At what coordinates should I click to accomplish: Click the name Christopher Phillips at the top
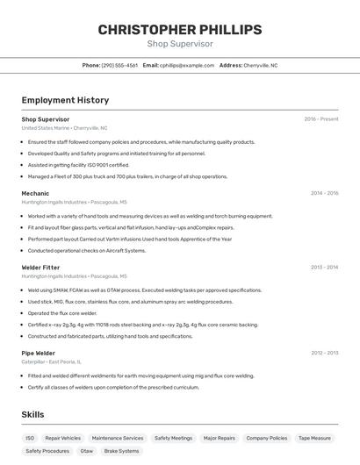tap(180, 30)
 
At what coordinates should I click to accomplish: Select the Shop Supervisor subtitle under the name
tap(180, 44)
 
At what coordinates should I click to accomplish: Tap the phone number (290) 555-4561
tap(119, 65)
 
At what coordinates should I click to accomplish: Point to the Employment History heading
tap(65, 100)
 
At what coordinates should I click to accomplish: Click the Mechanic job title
tap(35, 193)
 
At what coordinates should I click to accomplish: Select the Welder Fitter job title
tap(40, 267)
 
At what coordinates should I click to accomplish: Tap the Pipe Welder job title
tap(38, 353)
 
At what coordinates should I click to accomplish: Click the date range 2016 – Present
tap(321, 118)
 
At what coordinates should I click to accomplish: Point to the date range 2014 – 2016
tap(324, 193)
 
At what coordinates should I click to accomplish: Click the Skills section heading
tap(32, 414)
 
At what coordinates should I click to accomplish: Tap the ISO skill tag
tap(30, 438)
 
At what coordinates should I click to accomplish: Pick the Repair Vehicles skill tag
tap(63, 438)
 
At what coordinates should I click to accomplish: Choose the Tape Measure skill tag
tap(314, 438)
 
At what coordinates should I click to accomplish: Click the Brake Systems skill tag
tap(122, 451)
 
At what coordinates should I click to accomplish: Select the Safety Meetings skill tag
tap(173, 438)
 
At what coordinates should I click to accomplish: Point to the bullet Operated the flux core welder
tap(62, 313)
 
